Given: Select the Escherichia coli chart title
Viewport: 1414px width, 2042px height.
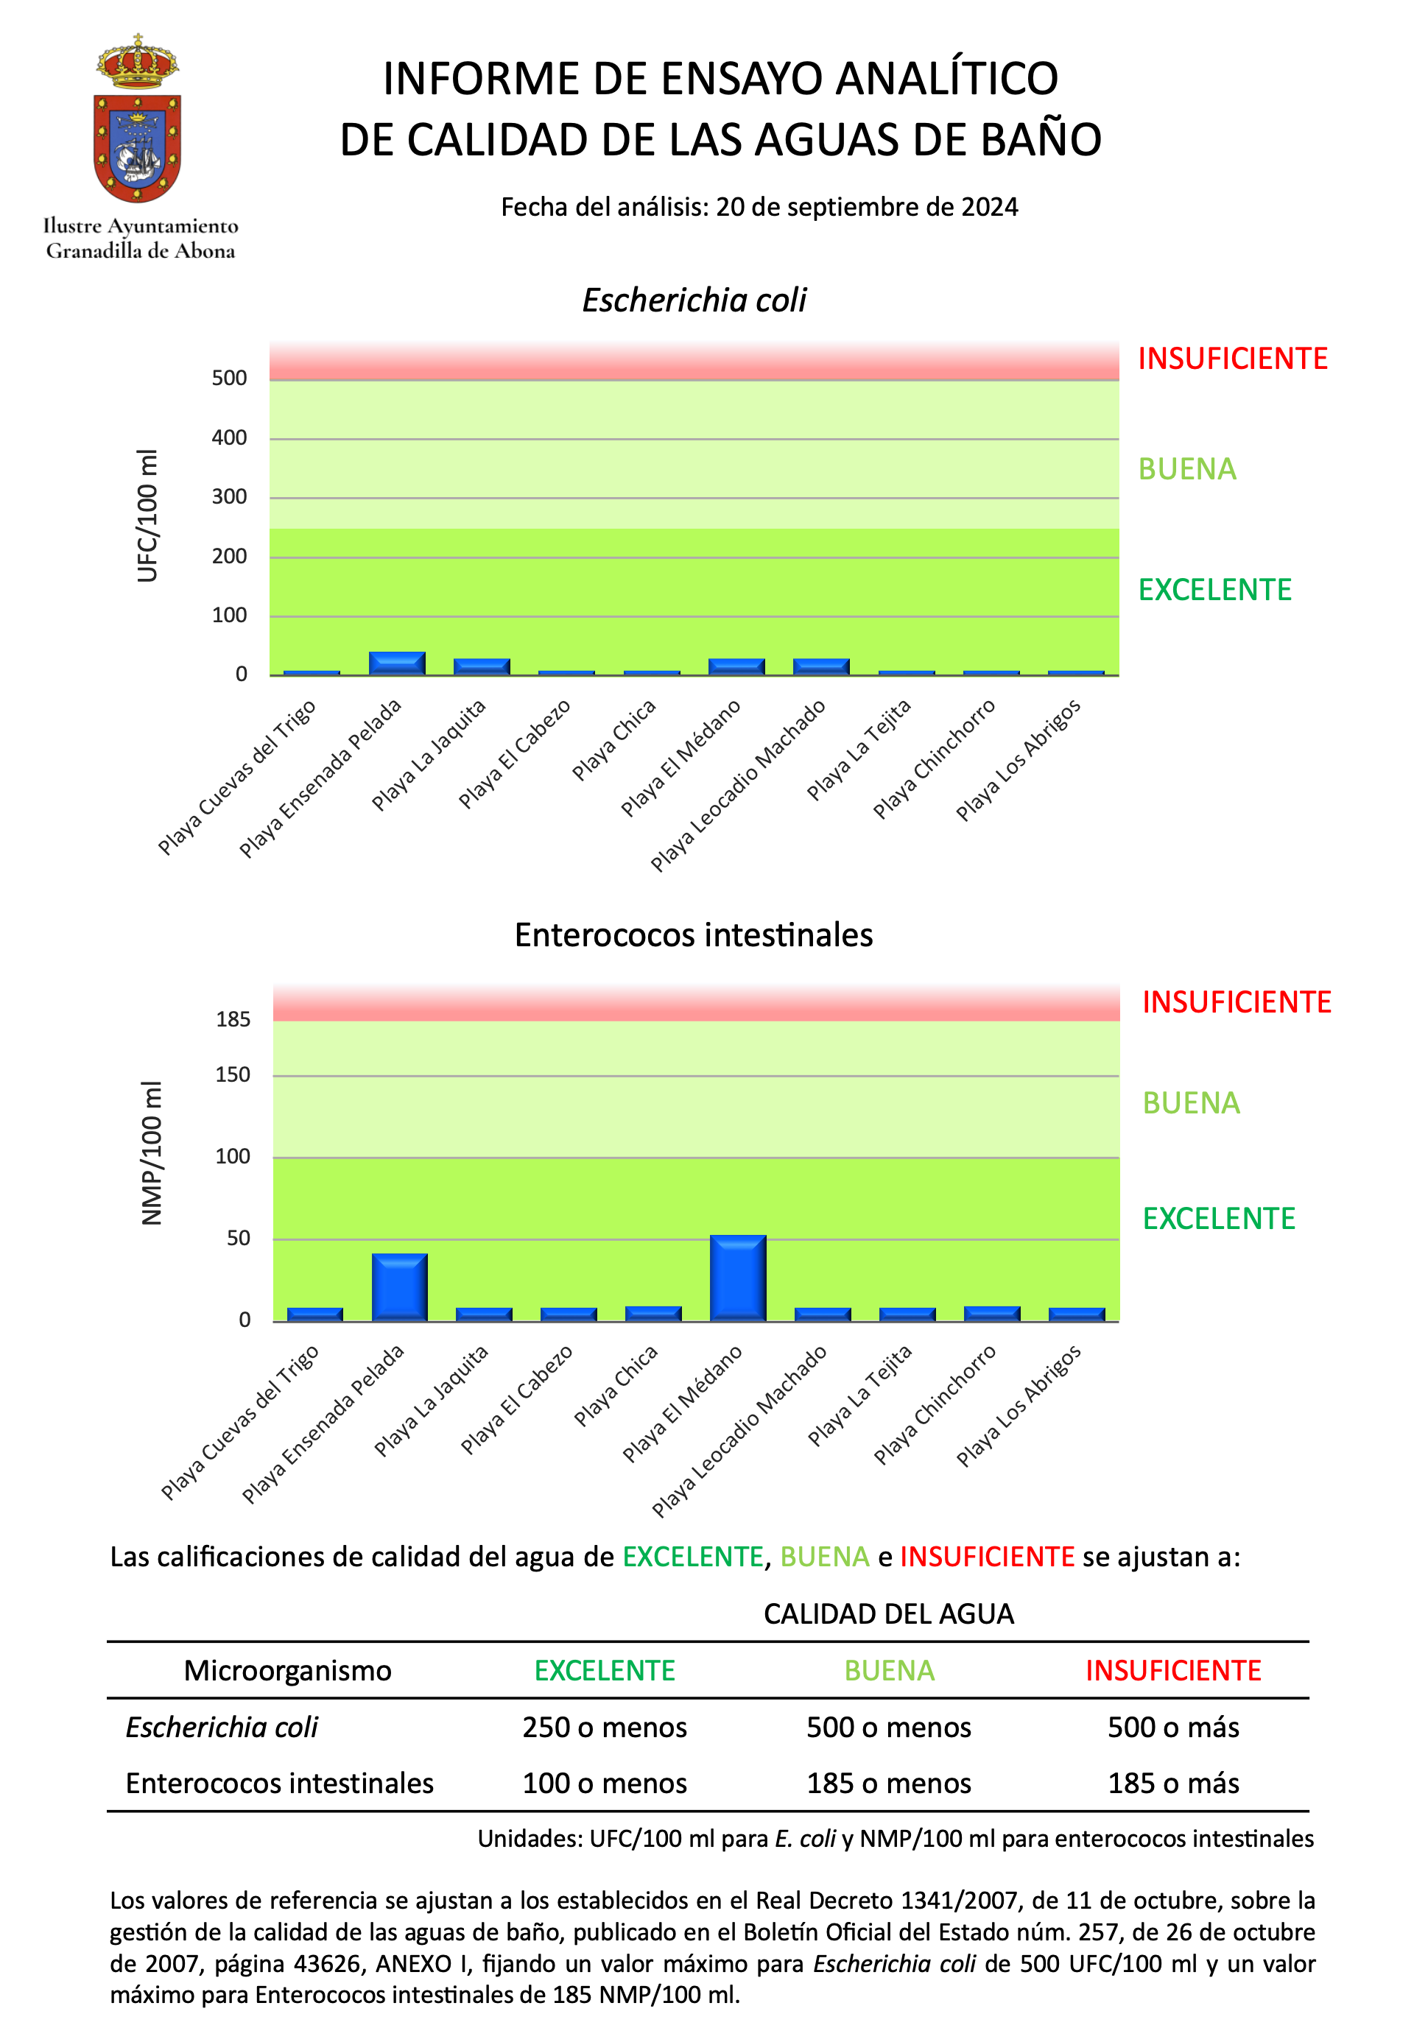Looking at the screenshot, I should [694, 300].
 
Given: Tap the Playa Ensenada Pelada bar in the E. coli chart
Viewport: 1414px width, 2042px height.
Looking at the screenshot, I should [397, 663].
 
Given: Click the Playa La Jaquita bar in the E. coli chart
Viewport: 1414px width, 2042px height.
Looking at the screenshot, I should [482, 666].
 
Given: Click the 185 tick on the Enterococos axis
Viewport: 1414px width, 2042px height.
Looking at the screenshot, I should [233, 1020].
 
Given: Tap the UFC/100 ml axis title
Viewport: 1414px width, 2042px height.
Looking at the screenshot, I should [147, 515].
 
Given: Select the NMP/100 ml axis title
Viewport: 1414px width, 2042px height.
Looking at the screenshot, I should [152, 1152].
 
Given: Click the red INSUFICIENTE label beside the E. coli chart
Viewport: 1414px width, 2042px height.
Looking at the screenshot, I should [1232, 359].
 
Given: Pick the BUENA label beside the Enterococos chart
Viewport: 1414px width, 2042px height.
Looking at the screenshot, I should [1191, 1103].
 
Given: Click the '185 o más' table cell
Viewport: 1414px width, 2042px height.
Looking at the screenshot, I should [1173, 1783].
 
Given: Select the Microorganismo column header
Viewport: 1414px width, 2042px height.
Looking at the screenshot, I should [287, 1670].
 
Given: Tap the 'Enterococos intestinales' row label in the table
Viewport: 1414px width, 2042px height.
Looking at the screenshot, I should [279, 1783].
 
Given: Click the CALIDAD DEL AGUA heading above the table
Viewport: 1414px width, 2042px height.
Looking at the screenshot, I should [889, 1614].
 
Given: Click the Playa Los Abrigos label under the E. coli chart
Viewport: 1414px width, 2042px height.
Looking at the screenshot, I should [1019, 760].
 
